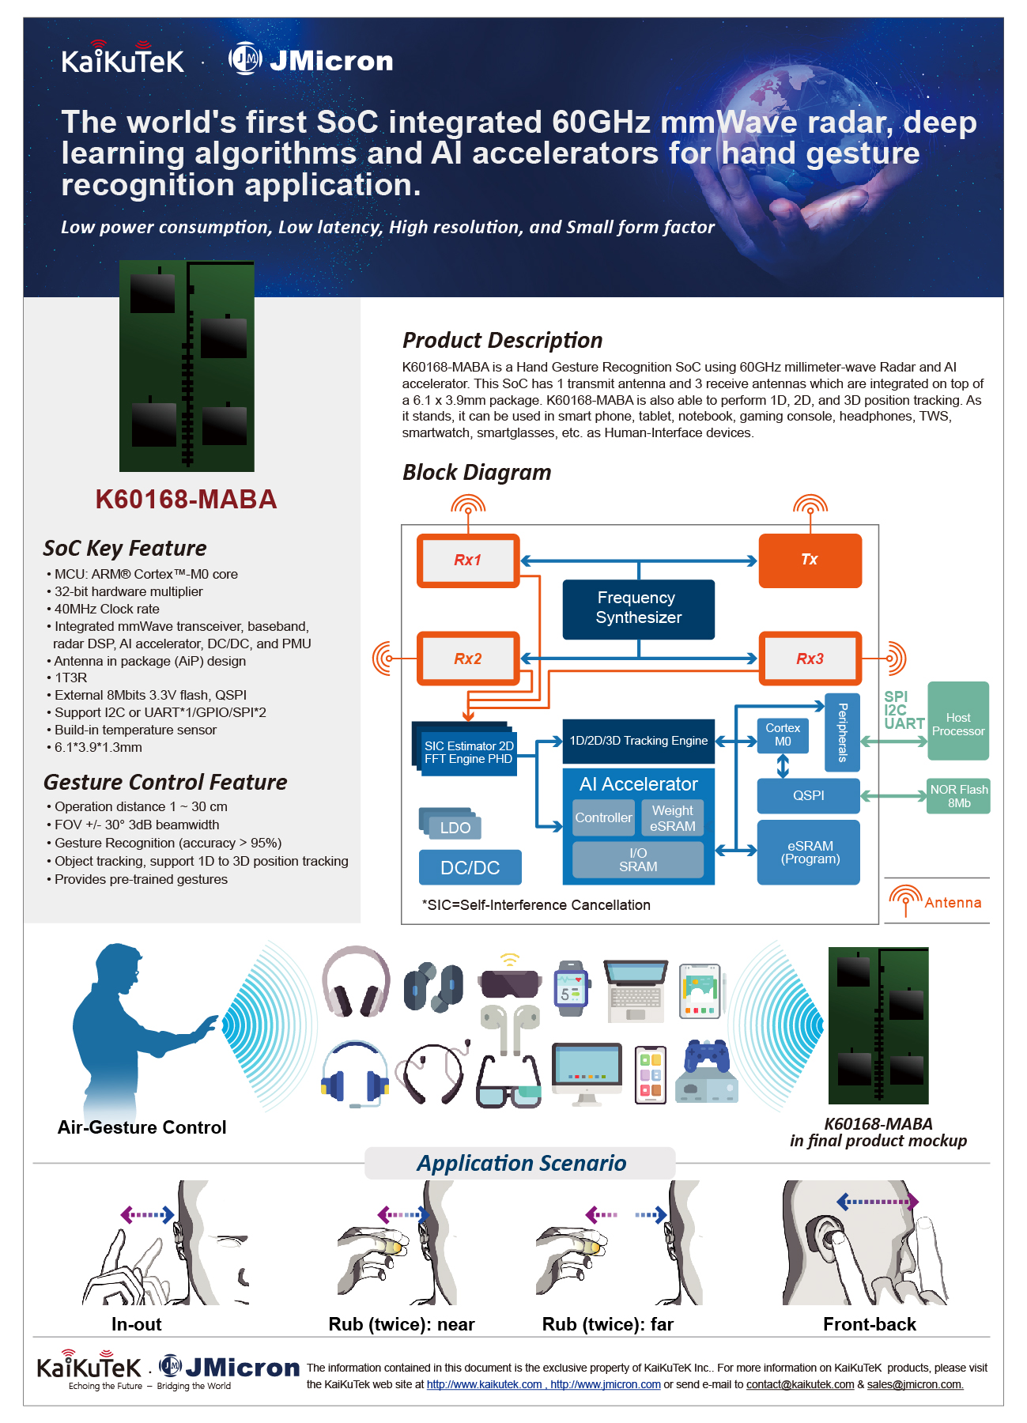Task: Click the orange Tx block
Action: pyautogui.click(x=810, y=561)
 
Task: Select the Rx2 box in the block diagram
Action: pyautogui.click(x=468, y=659)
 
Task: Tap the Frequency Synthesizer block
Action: pyautogui.click(x=639, y=609)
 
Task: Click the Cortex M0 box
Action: pyautogui.click(x=783, y=735)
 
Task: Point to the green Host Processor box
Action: pyautogui.click(x=958, y=721)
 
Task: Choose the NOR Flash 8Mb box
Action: pyautogui.click(x=959, y=796)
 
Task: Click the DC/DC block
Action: pyautogui.click(x=470, y=867)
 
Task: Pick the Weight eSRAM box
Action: pyautogui.click(x=673, y=818)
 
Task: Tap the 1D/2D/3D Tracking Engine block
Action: pyautogui.click(x=639, y=741)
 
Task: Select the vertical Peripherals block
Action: pyautogui.click(x=842, y=733)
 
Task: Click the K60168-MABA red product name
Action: pyautogui.click(x=186, y=500)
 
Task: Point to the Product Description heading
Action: pyautogui.click(x=503, y=341)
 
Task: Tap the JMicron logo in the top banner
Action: pyautogui.click(x=311, y=60)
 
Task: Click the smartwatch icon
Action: pyautogui.click(x=571, y=989)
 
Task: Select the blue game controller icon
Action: pyautogui.click(x=707, y=1055)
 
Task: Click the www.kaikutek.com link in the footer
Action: pyautogui.click(x=485, y=1384)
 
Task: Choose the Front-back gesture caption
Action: pyautogui.click(x=870, y=1324)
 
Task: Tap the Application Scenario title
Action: pyautogui.click(x=522, y=1164)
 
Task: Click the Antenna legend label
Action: pyautogui.click(x=953, y=903)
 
